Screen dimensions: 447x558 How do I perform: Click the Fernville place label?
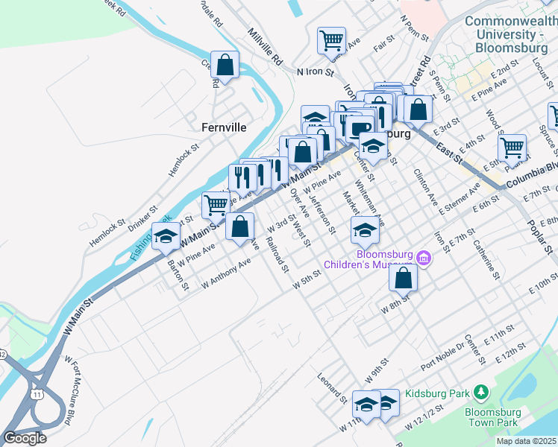(224, 127)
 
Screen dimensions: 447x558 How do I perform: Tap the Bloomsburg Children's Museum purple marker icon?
(424, 258)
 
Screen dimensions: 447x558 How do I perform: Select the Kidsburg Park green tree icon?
(481, 392)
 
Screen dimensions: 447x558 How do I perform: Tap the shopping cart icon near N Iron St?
(331, 39)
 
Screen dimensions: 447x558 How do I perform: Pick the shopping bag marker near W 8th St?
(403, 278)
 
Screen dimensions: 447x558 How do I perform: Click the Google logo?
(25, 438)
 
